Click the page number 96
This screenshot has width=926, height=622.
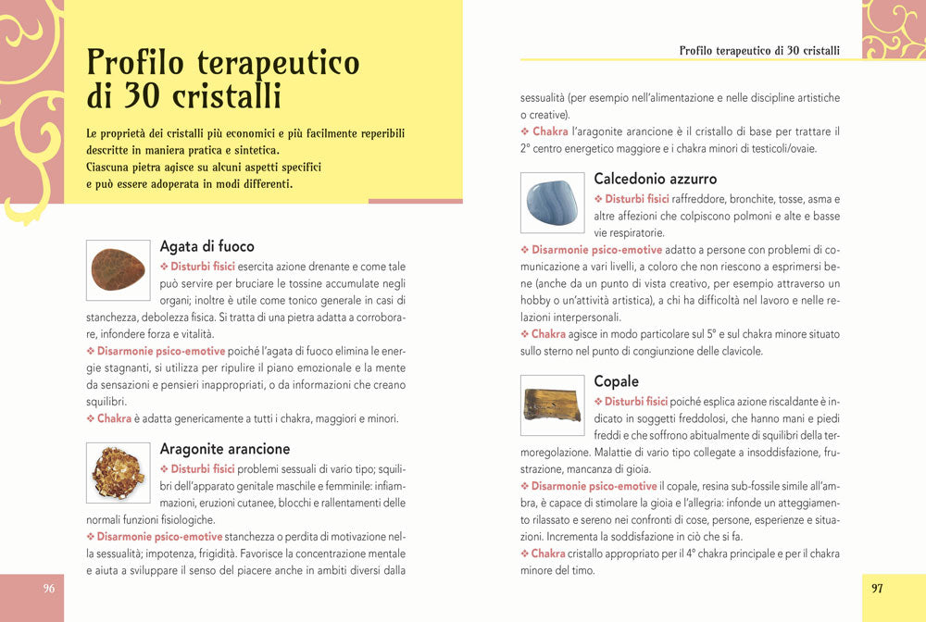49,589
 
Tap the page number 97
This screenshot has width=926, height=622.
877,588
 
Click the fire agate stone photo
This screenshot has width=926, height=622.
118,269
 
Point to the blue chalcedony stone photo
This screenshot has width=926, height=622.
553,203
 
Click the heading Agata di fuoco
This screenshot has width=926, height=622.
206,246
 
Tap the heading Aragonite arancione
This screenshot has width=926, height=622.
225,449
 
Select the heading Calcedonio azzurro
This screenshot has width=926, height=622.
655,179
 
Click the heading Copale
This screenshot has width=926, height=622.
616,381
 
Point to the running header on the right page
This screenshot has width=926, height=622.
759,50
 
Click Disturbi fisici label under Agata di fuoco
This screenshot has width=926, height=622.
202,267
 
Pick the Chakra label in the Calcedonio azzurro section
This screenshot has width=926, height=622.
548,334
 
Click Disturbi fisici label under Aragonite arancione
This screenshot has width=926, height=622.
202,469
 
